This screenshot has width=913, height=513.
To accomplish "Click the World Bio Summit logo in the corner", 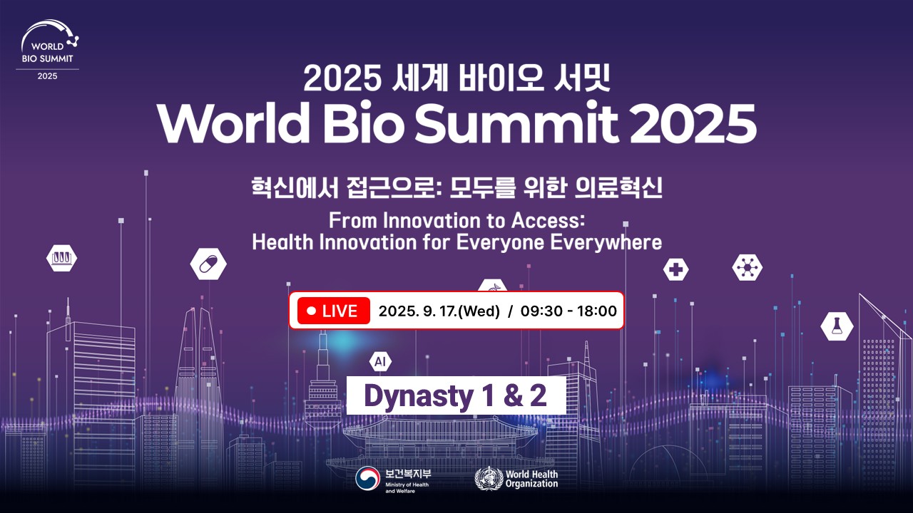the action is [x=48, y=50].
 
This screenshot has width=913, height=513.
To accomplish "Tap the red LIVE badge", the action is [x=334, y=311].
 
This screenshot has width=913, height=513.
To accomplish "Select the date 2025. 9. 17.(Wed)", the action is [x=439, y=311].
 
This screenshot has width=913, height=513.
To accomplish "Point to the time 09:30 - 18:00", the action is [x=568, y=311].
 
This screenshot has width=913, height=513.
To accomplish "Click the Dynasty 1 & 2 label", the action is [x=456, y=395].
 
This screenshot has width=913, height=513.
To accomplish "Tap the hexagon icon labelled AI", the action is [x=380, y=361].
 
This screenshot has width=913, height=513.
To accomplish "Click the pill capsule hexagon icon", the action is [x=208, y=264].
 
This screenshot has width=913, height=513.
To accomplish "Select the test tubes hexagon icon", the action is [x=61, y=258].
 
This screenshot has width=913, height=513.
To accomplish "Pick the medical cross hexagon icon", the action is [x=675, y=269].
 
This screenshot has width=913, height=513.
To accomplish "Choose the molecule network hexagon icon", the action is [x=747, y=267].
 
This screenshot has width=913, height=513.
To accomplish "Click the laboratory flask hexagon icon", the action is [x=837, y=326].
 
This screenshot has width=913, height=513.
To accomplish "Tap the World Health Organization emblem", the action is [x=489, y=478].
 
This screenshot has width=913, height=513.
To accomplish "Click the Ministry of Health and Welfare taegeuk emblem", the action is [x=367, y=478].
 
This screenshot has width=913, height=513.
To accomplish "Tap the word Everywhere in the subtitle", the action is [x=606, y=243].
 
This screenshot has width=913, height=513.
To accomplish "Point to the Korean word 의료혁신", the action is [x=618, y=187].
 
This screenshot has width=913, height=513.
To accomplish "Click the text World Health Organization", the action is [x=531, y=479].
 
